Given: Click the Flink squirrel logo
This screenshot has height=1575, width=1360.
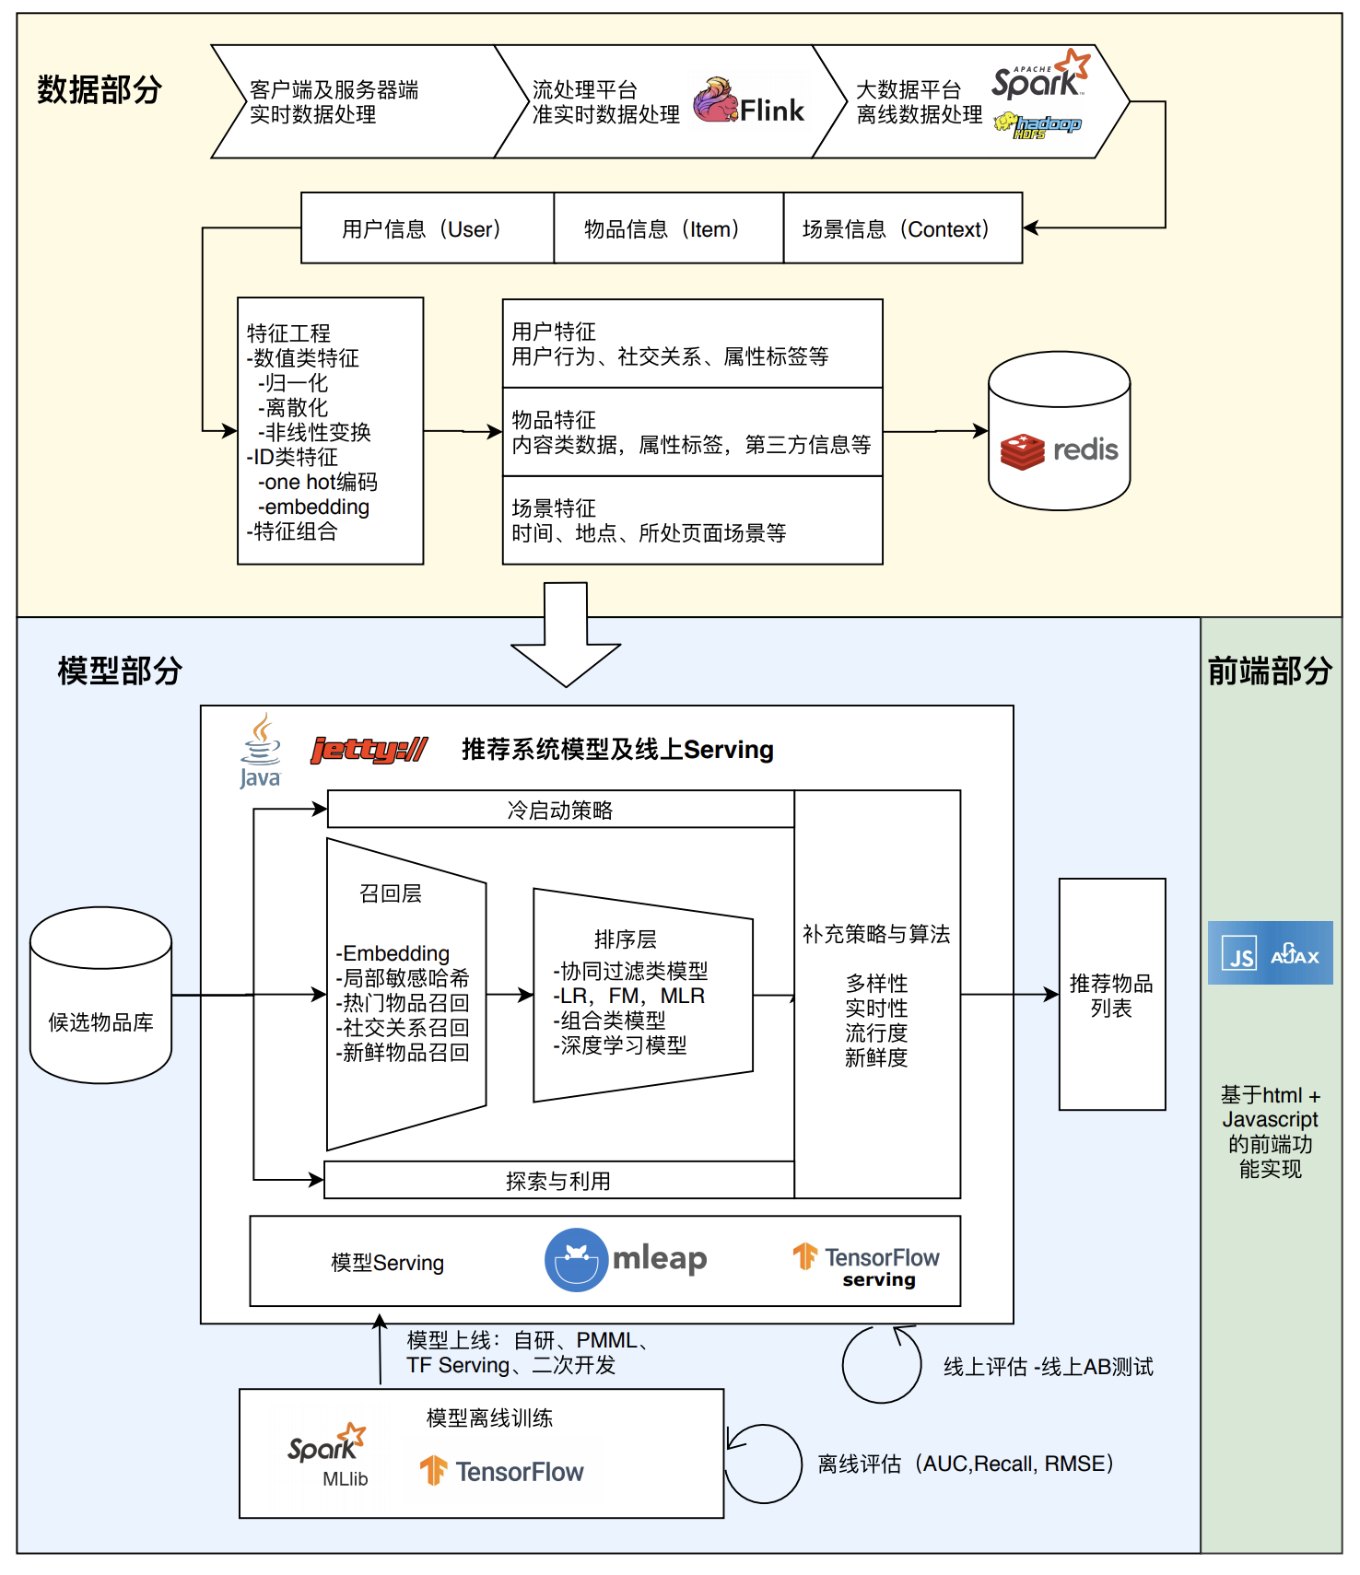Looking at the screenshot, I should point(715,101).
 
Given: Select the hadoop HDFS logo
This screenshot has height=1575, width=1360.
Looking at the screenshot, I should point(1038,126).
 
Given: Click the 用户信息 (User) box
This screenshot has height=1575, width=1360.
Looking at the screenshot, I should point(427,228).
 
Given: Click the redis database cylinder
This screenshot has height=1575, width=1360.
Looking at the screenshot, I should point(1059,431).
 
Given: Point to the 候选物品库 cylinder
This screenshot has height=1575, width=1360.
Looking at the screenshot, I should point(100,996).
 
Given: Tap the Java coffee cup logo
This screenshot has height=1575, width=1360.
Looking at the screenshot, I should point(261,751).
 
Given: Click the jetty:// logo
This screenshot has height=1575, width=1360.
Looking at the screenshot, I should point(369,750).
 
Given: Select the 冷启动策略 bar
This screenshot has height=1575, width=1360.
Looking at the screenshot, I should point(560,810).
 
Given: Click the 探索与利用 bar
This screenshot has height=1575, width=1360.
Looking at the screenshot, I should point(558,1181).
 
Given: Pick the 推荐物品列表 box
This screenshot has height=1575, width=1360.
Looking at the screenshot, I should point(1111,995).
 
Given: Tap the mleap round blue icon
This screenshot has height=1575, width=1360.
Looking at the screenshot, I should point(576,1259).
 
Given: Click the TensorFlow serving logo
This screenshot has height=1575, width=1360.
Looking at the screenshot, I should point(866,1266).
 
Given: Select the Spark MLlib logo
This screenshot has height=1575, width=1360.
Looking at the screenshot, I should point(328,1452).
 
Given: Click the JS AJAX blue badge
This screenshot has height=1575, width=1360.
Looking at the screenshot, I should point(1270,952).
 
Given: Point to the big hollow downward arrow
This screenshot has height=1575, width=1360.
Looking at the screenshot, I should point(566,636).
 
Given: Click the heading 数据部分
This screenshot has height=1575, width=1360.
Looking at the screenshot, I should point(100,89).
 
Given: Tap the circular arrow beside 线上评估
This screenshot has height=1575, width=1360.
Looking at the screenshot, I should point(881,1364).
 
